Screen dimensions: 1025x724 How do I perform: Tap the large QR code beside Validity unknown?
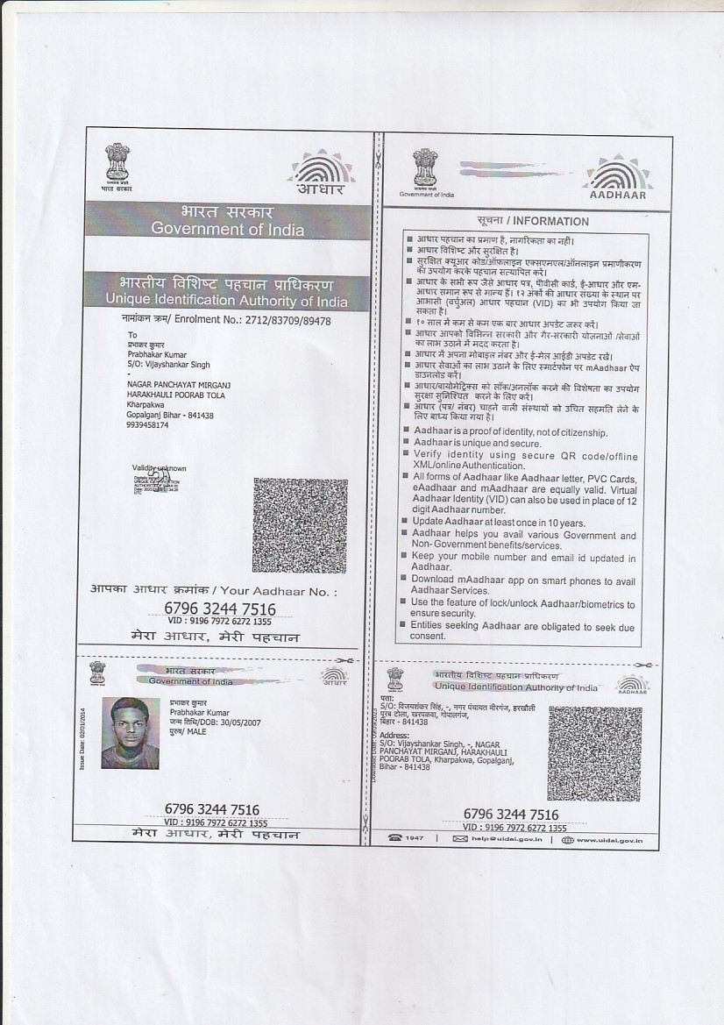point(300,524)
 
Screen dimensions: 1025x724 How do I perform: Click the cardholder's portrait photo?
point(130,733)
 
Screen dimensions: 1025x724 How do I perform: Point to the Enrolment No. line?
point(226,321)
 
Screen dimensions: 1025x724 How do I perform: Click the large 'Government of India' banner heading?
point(227,229)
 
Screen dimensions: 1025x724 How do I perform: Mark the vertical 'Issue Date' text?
point(82,737)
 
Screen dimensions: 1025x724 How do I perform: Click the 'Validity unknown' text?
point(160,468)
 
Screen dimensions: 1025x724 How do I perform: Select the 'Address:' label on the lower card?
point(395,735)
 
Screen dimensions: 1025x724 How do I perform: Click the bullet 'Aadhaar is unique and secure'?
point(477,444)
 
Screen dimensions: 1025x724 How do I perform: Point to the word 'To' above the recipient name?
point(132,335)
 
